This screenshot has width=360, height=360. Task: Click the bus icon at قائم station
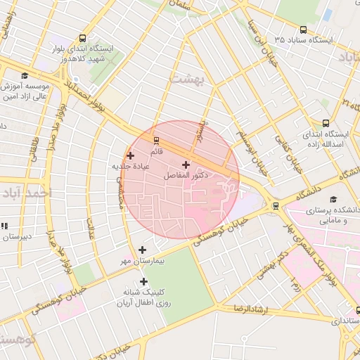[x=156, y=140]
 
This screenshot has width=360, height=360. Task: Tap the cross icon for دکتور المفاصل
[x=186, y=164]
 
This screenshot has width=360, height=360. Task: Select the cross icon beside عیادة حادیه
[x=130, y=155]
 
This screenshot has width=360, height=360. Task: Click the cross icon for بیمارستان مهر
[x=143, y=250]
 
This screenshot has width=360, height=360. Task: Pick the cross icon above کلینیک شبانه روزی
[x=144, y=281]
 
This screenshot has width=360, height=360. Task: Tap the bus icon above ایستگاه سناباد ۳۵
[x=303, y=30]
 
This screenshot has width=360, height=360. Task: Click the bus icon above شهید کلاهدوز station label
[x=84, y=39]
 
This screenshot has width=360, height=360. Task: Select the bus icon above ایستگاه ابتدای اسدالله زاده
[x=325, y=122]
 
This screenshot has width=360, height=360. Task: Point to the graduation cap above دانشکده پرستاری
[x=333, y=200]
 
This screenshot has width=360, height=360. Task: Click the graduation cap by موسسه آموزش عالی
[x=25, y=75]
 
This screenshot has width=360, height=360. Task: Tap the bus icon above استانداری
[x=358, y=310]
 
